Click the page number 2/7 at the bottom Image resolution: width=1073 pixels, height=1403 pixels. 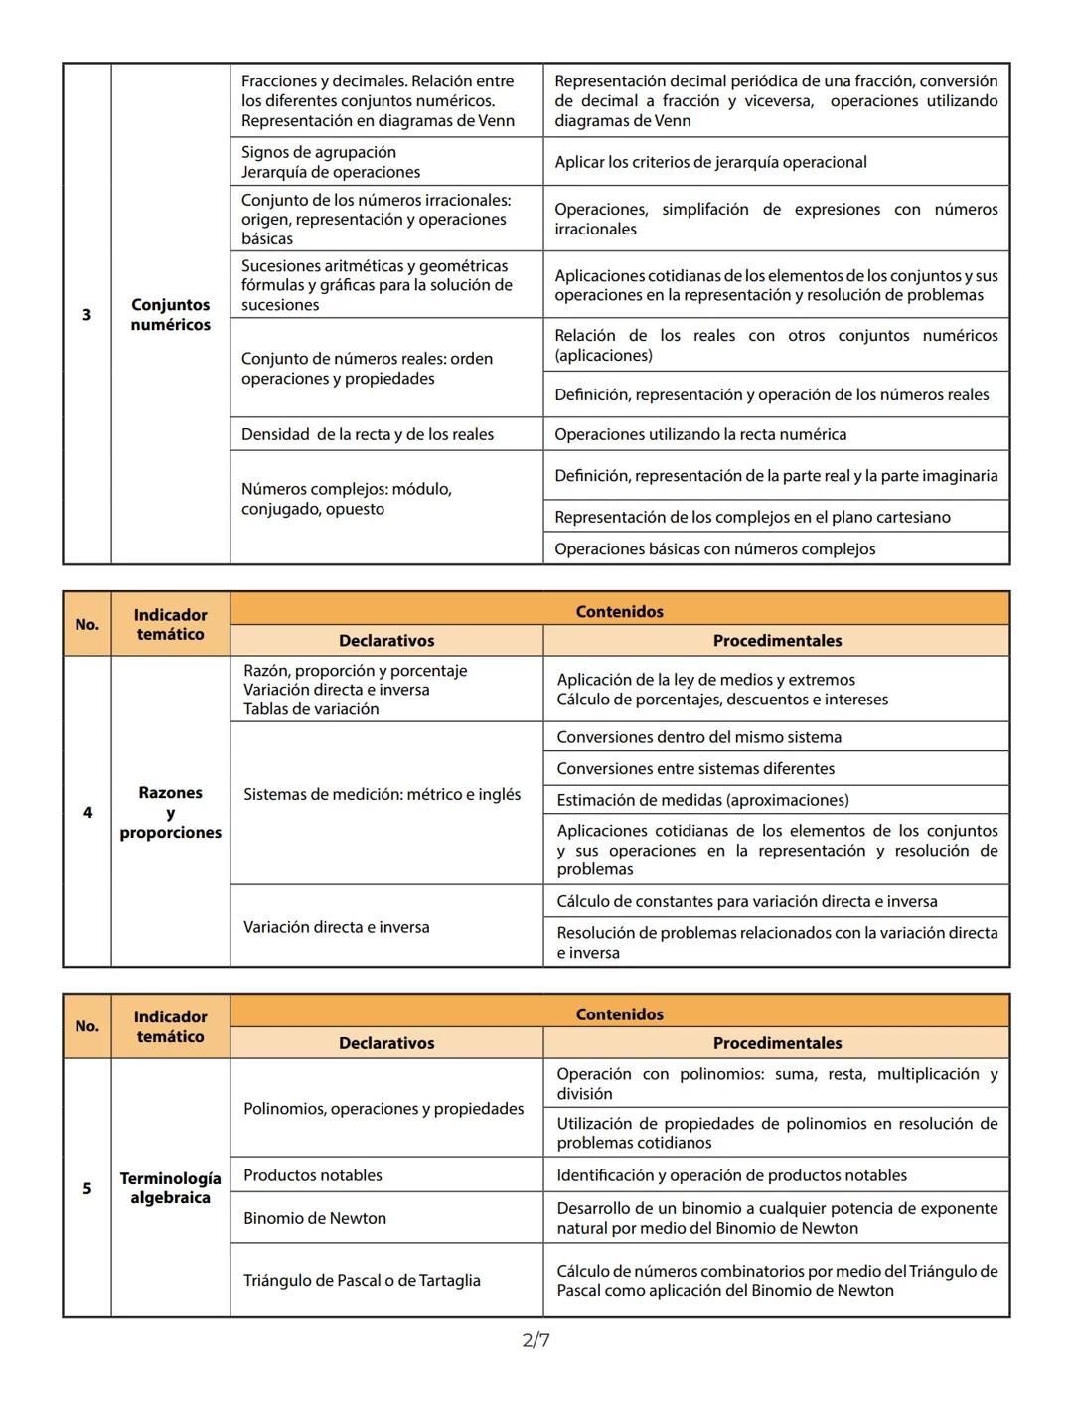click(x=536, y=1340)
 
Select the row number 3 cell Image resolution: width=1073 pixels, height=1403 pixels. click(x=86, y=315)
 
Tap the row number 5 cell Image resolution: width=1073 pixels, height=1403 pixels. click(x=86, y=1188)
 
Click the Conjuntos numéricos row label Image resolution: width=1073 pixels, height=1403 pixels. click(x=170, y=315)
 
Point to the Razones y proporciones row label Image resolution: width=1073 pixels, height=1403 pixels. click(x=170, y=813)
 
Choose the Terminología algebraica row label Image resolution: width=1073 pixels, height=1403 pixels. click(x=170, y=1188)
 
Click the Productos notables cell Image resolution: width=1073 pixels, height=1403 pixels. click(x=313, y=1175)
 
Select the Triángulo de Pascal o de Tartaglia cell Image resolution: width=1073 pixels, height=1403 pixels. click(x=362, y=1281)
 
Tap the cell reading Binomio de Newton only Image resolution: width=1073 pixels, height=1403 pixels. click(x=315, y=1218)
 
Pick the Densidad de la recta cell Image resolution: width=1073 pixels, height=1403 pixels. click(x=368, y=434)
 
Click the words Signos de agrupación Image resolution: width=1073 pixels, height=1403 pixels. click(x=319, y=152)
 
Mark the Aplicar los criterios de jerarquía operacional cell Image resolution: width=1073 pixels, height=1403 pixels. click(x=710, y=162)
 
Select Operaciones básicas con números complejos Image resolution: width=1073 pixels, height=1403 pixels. click(x=715, y=549)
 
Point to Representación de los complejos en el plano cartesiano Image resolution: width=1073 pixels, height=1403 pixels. click(x=752, y=518)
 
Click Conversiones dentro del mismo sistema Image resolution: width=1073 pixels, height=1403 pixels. click(x=698, y=737)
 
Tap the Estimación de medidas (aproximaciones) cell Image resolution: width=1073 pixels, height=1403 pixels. click(x=702, y=800)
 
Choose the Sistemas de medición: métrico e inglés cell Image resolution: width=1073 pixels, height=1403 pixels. click(x=382, y=795)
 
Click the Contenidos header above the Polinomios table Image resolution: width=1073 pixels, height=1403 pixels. click(x=619, y=1014)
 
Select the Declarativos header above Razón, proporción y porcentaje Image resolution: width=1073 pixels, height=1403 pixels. click(x=386, y=641)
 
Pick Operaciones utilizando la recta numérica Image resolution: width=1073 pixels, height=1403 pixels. click(x=700, y=434)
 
